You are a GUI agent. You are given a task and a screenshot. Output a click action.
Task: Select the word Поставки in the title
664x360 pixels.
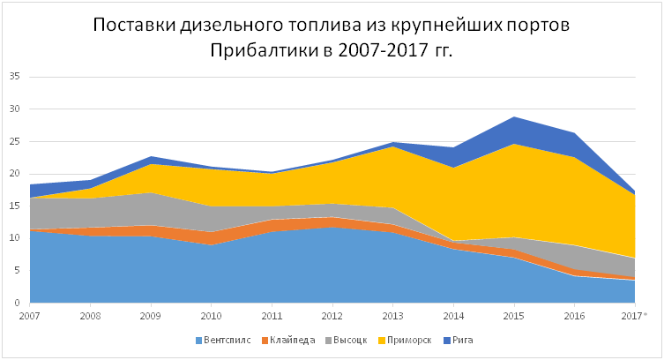tap(134, 25)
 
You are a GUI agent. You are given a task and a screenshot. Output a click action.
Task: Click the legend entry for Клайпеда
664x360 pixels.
tap(286, 340)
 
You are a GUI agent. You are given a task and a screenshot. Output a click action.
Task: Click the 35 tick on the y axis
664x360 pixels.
tap(14, 77)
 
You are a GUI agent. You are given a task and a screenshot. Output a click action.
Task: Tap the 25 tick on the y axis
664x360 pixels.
tap(14, 141)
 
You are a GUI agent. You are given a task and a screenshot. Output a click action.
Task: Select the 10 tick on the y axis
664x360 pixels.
tap(14, 238)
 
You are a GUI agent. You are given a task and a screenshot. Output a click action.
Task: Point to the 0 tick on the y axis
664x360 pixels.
tap(17, 303)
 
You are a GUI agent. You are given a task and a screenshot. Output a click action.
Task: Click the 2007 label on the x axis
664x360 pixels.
tap(29, 315)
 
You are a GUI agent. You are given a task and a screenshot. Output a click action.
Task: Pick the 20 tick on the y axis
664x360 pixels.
tap(14, 174)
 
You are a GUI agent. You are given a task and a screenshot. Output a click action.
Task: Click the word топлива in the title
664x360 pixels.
tap(327, 25)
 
